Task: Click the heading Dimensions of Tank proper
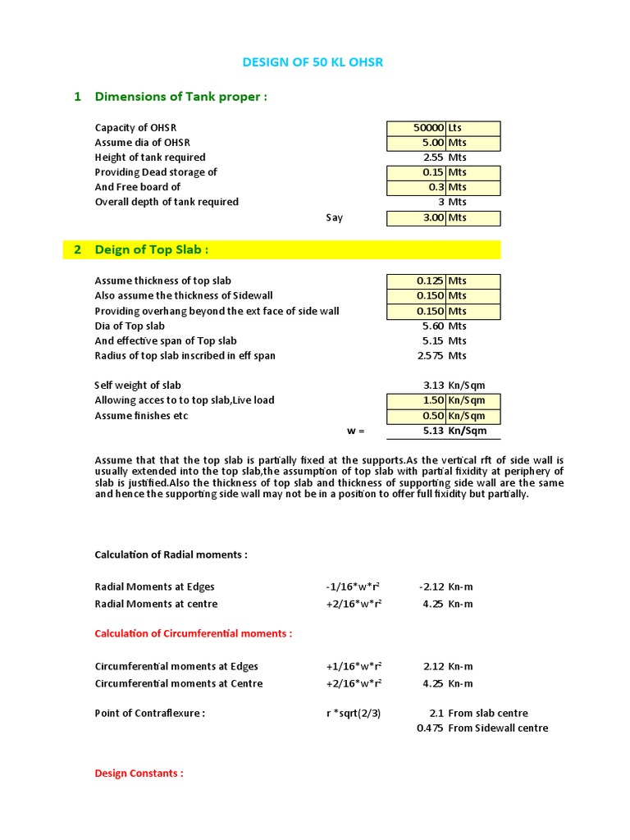point(181,97)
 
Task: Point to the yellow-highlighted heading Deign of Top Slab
point(152,249)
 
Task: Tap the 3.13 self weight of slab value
point(432,385)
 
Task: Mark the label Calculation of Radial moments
point(171,555)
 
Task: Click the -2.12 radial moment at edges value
point(431,587)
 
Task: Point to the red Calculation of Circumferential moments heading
point(194,633)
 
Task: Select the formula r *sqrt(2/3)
point(354,713)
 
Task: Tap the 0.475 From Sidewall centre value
point(430,728)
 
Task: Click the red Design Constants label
point(139,773)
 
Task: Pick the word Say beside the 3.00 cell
point(334,218)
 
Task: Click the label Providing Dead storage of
point(156,172)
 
